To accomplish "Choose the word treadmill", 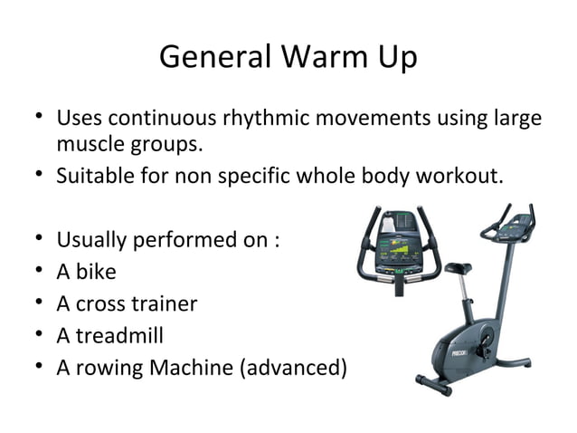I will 120,335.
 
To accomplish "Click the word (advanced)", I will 292,367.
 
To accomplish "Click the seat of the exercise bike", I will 459,268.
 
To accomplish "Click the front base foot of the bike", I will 430,383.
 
